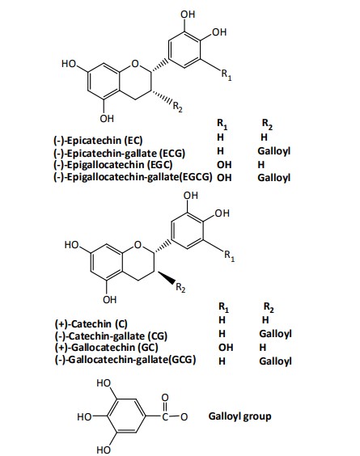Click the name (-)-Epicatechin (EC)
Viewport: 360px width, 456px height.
click(x=98, y=141)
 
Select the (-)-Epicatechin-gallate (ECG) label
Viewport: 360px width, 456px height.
click(x=119, y=153)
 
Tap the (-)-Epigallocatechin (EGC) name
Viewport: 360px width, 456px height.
click(x=112, y=165)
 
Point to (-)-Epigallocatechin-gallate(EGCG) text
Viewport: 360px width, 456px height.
click(x=133, y=177)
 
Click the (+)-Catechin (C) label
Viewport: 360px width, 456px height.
click(x=91, y=323)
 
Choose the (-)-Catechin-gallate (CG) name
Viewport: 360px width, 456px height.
click(x=111, y=336)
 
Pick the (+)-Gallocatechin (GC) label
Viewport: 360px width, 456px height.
click(x=106, y=348)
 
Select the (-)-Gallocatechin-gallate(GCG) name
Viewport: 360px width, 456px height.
click(x=125, y=360)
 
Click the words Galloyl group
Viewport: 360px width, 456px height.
click(x=239, y=416)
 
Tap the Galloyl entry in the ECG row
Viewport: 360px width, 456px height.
click(x=274, y=151)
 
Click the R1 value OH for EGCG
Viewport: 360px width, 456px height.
click(x=224, y=177)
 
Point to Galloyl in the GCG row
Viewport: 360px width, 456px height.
click(x=275, y=361)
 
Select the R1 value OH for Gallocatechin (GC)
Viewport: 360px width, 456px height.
click(x=226, y=347)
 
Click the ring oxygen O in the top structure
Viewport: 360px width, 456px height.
click(x=135, y=64)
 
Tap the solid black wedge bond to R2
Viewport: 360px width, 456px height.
click(x=166, y=277)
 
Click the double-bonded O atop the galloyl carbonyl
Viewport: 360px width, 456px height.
click(x=165, y=397)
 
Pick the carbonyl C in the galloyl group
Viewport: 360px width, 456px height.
click(x=165, y=417)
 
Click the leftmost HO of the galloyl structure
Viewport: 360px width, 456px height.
click(x=84, y=417)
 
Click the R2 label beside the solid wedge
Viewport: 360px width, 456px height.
click(x=180, y=288)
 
